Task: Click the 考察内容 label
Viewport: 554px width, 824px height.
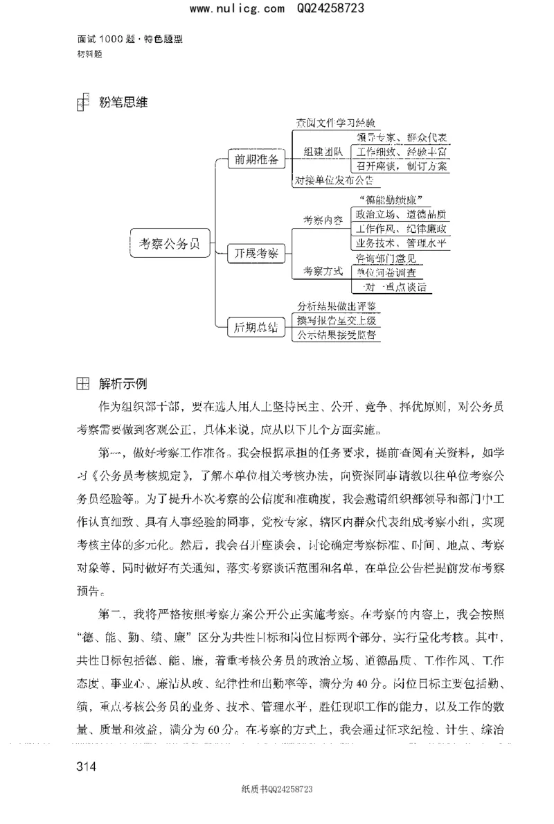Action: coord(323,220)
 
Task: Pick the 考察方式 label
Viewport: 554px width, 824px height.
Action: coord(323,272)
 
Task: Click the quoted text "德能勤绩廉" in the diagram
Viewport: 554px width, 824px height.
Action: coord(392,200)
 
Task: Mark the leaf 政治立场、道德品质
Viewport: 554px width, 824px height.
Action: coord(401,213)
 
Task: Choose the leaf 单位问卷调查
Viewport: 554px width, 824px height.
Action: coord(388,272)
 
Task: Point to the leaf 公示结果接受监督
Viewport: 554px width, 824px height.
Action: coord(337,335)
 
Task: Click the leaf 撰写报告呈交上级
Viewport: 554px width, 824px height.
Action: coord(337,320)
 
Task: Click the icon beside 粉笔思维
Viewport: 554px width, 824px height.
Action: coord(83,103)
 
